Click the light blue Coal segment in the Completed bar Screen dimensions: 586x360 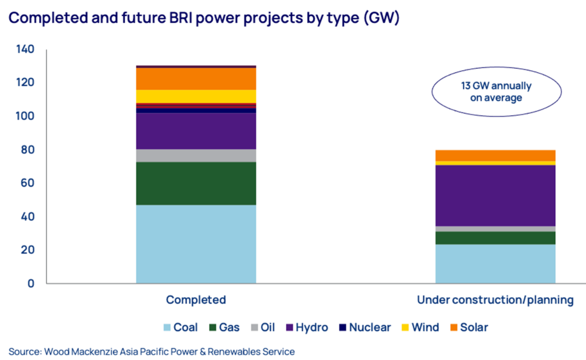pyautogui.click(x=196, y=244)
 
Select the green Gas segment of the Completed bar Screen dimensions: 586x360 pyautogui.click(x=196, y=183)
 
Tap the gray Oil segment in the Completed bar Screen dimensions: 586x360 pyautogui.click(x=196, y=156)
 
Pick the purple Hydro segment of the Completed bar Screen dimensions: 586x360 pyautogui.click(x=196, y=131)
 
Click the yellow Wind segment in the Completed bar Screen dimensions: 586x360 pyautogui.click(x=196, y=97)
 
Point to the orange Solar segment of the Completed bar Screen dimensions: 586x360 pyautogui.click(x=196, y=79)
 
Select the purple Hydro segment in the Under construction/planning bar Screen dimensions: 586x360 pyautogui.click(x=496, y=196)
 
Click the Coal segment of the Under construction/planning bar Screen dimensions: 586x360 pyautogui.click(x=496, y=264)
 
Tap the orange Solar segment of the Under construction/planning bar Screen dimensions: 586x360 pyautogui.click(x=496, y=156)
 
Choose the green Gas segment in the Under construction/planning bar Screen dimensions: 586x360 pyautogui.click(x=496, y=238)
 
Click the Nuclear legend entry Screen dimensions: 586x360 pyautogui.click(x=365, y=327)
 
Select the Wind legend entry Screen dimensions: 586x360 pyautogui.click(x=420, y=327)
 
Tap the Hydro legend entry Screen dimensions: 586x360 pyautogui.click(x=307, y=327)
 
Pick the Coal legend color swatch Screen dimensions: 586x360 pyautogui.click(x=167, y=327)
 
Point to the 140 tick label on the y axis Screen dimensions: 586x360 pyautogui.click(x=25, y=49)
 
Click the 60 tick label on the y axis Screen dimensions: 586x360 pyautogui.click(x=27, y=183)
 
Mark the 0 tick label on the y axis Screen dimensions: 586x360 pyautogui.click(x=31, y=283)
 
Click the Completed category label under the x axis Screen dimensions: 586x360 pyautogui.click(x=196, y=300)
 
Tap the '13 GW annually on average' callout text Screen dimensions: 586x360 pyautogui.click(x=496, y=92)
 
